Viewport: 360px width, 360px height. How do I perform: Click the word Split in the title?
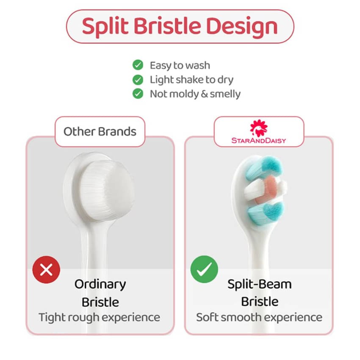coord(105,26)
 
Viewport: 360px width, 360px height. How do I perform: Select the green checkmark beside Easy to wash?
coord(138,65)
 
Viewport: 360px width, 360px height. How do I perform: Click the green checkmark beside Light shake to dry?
coord(138,80)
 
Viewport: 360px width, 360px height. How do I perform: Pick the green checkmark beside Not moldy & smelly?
coord(138,94)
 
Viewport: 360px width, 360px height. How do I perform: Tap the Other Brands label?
coord(100,132)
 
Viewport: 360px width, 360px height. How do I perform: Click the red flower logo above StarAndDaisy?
coord(259,128)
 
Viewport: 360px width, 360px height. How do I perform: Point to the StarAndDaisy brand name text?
coord(259,140)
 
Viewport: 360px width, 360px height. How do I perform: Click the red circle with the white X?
coord(46,269)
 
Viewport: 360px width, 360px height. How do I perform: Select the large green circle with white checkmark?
coord(204,269)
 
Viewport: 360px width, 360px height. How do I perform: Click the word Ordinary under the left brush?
coord(100,285)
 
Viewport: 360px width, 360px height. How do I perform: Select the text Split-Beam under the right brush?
coord(260,284)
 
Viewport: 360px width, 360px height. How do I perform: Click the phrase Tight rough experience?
coord(99,318)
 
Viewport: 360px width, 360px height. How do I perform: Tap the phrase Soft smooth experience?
coord(259,318)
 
